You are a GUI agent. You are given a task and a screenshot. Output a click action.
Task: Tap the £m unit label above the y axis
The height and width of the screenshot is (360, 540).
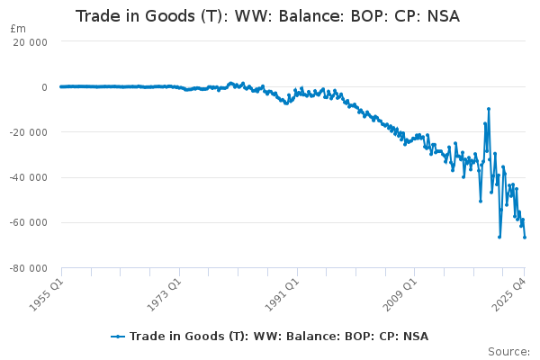[18, 29]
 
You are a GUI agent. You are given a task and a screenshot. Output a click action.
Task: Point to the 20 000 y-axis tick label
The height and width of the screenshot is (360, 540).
[31, 42]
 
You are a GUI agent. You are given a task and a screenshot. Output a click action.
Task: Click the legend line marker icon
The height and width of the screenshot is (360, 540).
[118, 337]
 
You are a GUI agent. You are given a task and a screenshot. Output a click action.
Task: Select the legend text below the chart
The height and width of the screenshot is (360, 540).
[279, 337]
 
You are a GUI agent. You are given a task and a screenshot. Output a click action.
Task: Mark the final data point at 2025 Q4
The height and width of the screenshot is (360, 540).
[525, 237]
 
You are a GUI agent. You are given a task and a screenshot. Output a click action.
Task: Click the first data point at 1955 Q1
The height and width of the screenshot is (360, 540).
[60, 87]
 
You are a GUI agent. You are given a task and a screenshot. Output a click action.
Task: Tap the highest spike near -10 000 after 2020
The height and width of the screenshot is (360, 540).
[488, 109]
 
